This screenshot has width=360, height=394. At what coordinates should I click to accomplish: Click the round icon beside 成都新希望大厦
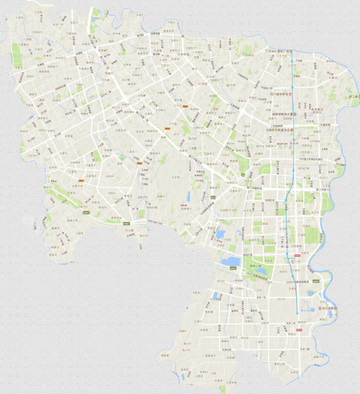(294, 114)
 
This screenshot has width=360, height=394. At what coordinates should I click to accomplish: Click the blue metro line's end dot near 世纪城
(297, 313)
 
